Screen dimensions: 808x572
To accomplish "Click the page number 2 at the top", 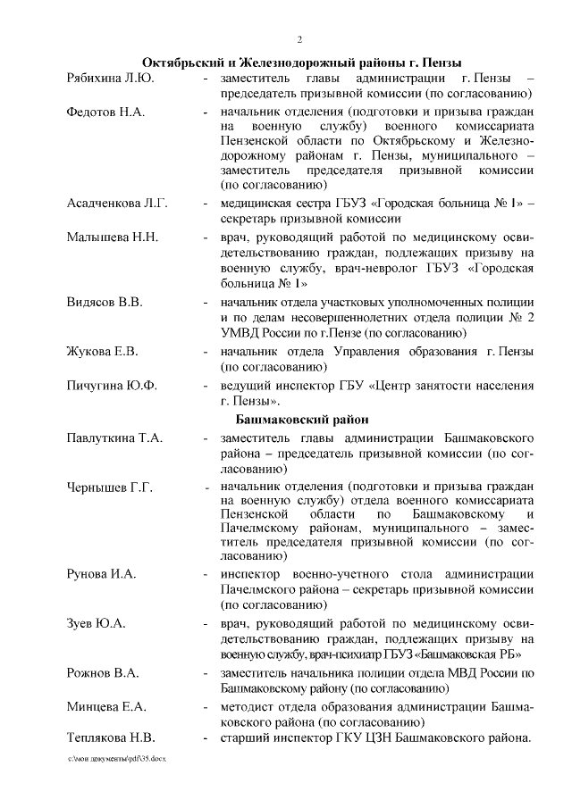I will point(300,40).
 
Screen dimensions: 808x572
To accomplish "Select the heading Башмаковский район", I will point(300,419).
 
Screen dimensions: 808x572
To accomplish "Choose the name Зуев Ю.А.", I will point(96,622).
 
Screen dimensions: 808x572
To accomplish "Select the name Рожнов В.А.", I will point(102,673).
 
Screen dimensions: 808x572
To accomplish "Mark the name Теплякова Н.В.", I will point(111,737).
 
